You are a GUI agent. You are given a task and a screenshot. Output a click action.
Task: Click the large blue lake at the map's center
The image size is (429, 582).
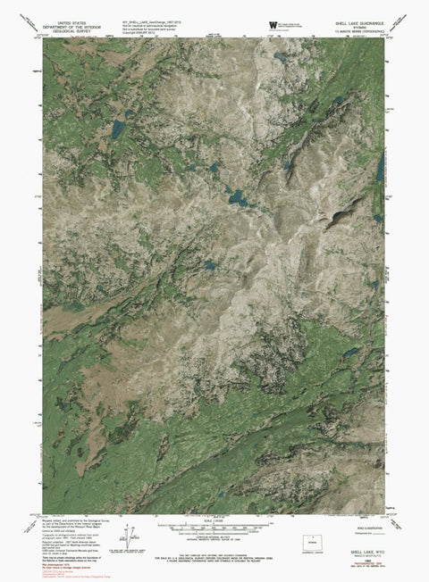point(238,196)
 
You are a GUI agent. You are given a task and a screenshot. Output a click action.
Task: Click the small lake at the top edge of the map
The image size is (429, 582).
point(280,55)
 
